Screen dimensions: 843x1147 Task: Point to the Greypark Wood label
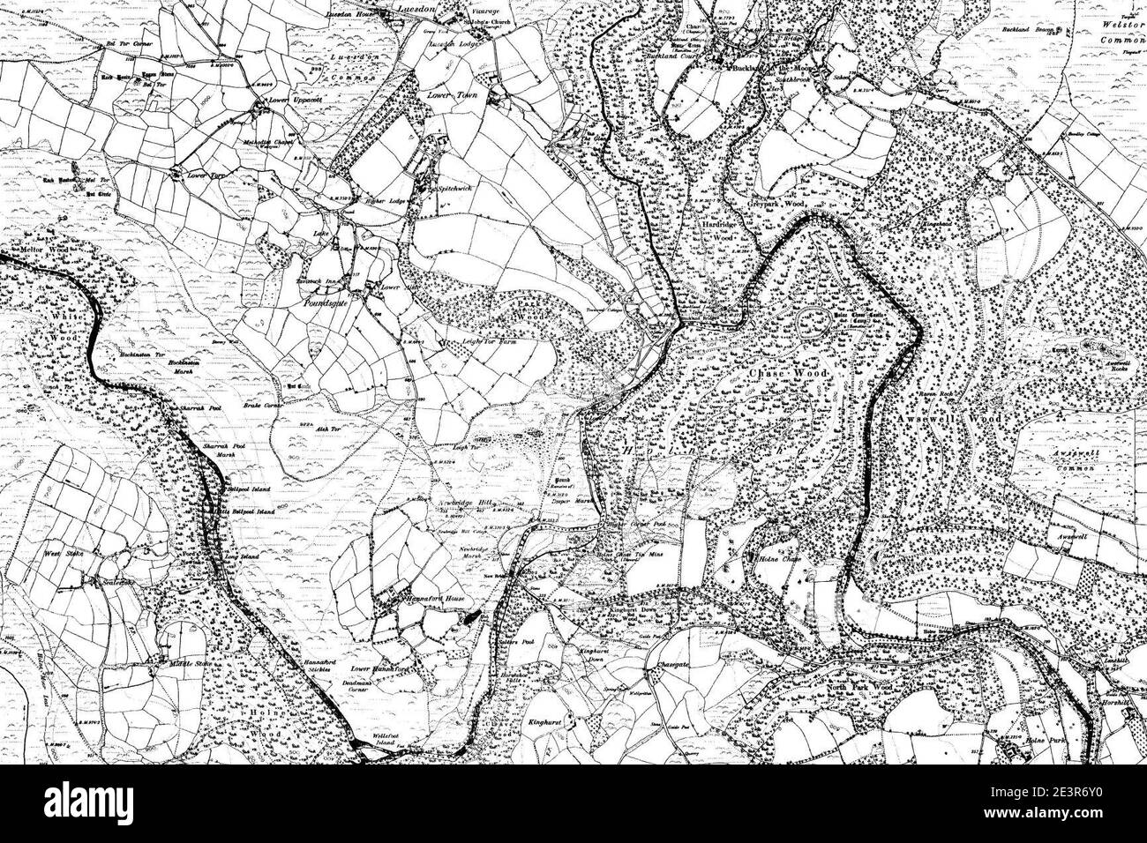coord(783,204)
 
